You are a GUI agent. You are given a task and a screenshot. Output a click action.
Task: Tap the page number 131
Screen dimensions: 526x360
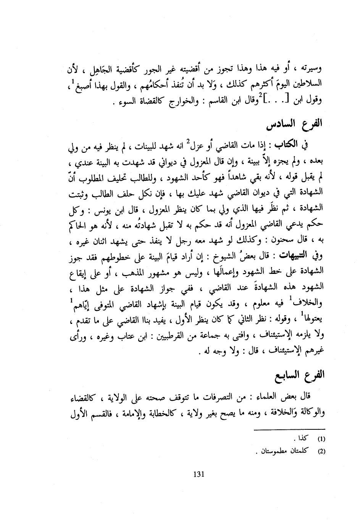pyautogui.click(x=199, y=474)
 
